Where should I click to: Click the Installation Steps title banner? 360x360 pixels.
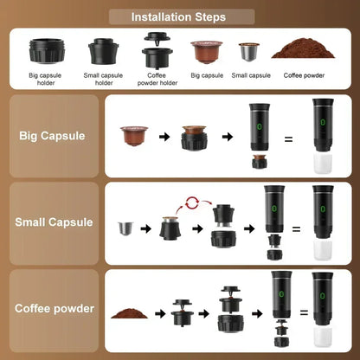coord(179,16)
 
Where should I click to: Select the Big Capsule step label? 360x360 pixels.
coord(50,136)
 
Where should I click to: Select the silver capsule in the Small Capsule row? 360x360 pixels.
coord(125,228)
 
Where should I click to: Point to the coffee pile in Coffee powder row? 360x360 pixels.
coord(130,311)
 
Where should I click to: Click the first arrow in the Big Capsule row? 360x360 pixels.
coord(162,136)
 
